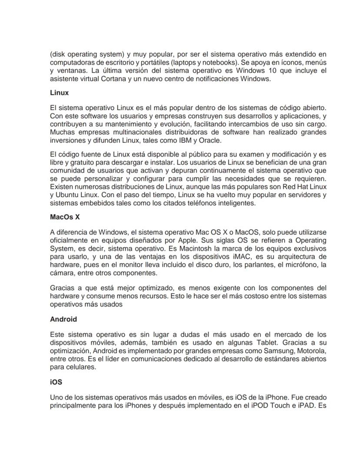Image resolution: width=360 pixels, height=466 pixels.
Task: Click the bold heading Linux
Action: pos(59,93)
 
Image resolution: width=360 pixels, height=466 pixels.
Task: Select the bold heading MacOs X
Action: pos(65,217)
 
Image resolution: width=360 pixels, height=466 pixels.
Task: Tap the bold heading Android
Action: pos(63,319)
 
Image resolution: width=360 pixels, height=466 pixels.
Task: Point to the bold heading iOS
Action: pos(56,382)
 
